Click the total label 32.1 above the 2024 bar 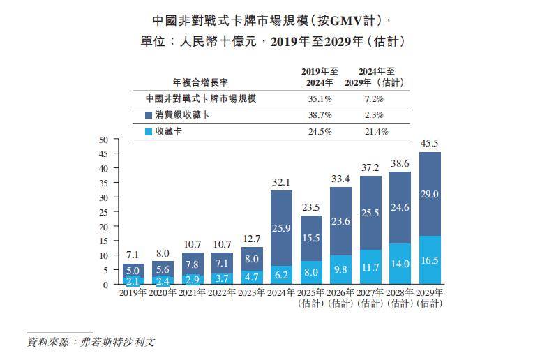pos(281,183)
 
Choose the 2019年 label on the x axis pos(133,293)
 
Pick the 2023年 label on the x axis pos(252,293)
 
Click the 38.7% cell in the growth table pos(320,114)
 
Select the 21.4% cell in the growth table pos(377,131)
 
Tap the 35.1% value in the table pos(320,99)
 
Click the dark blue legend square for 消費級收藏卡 pos(149,114)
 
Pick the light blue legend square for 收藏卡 pos(149,131)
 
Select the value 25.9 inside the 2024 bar pos(281,227)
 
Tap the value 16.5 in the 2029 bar pos(429,260)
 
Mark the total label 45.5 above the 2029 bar pos(429,144)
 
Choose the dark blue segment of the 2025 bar pos(311,238)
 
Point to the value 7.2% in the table pos(377,99)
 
